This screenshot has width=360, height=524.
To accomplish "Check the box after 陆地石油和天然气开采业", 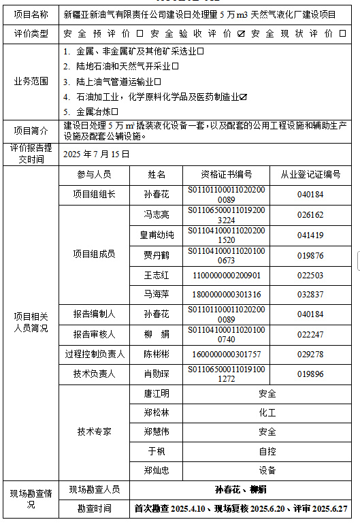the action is (x=176, y=66).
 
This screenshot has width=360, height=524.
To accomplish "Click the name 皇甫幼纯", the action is (x=157, y=235).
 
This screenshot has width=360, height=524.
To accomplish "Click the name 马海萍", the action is (x=156, y=295).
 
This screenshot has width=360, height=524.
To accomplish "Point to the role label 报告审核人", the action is (x=95, y=334).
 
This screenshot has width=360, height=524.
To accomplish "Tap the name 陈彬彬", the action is (x=156, y=354).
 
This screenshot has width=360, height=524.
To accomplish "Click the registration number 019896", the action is (x=310, y=374).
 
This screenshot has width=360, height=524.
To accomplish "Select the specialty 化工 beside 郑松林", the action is (x=267, y=412).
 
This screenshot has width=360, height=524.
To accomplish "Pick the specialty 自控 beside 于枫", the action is (x=267, y=451).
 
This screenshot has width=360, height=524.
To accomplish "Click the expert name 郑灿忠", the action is (x=156, y=470).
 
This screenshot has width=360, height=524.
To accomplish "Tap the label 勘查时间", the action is (x=95, y=508).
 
